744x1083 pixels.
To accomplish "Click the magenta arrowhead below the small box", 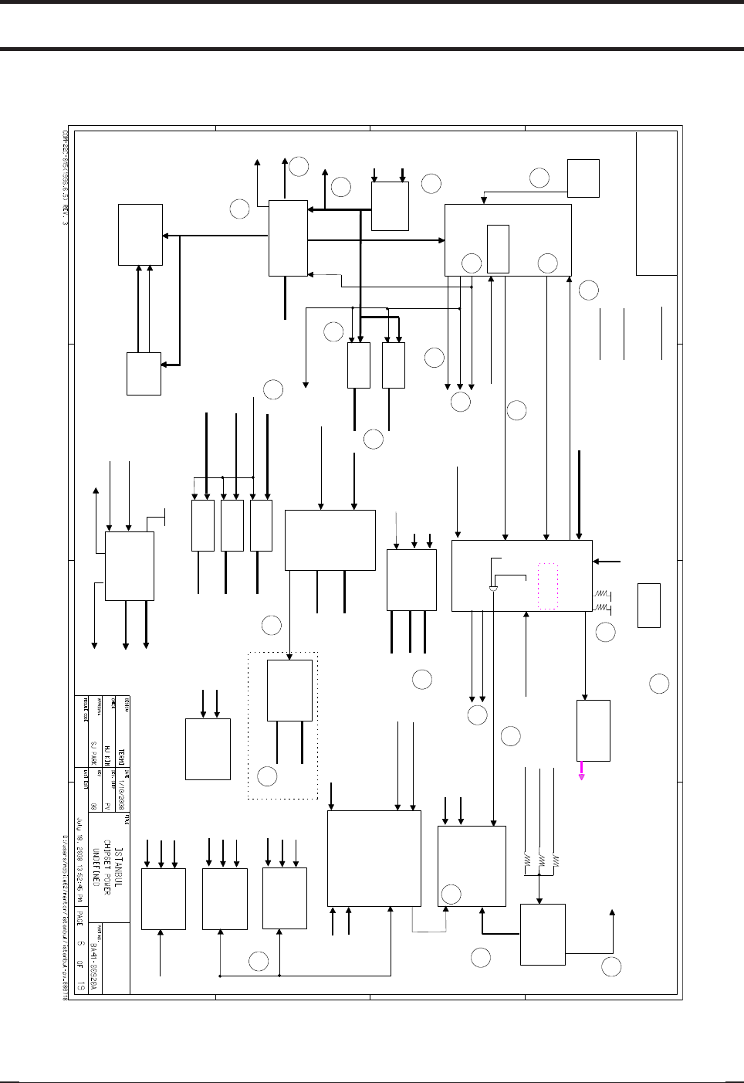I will click(582, 775).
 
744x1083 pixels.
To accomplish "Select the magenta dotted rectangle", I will click(547, 586).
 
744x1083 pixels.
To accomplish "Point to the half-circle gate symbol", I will click(492, 589).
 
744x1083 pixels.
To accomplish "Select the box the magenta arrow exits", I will click(594, 731).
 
